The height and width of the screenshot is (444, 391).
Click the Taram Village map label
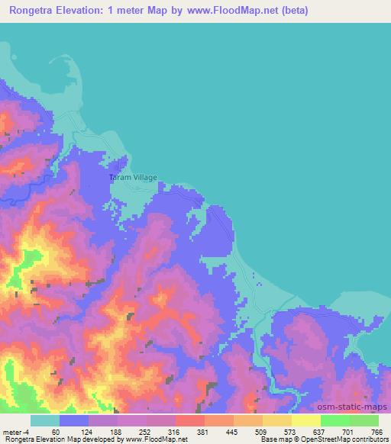pyautogui.click(x=132, y=177)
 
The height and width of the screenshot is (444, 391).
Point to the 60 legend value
pyautogui.click(x=55, y=431)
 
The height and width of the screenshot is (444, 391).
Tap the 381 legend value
pyautogui.click(x=202, y=431)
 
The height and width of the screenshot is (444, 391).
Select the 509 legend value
pyautogui.click(x=260, y=431)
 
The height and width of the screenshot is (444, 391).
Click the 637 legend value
pyautogui.click(x=319, y=431)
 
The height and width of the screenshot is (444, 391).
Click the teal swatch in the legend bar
pyautogui.click(x=45, y=420)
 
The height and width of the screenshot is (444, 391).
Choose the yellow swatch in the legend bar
pyautogui.click(x=306, y=420)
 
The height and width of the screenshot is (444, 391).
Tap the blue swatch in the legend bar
pyautogui.click(x=74, y=420)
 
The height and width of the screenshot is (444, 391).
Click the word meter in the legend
pyautogui.click(x=12, y=431)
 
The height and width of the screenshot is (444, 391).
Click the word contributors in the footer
pyautogui.click(x=370, y=439)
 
